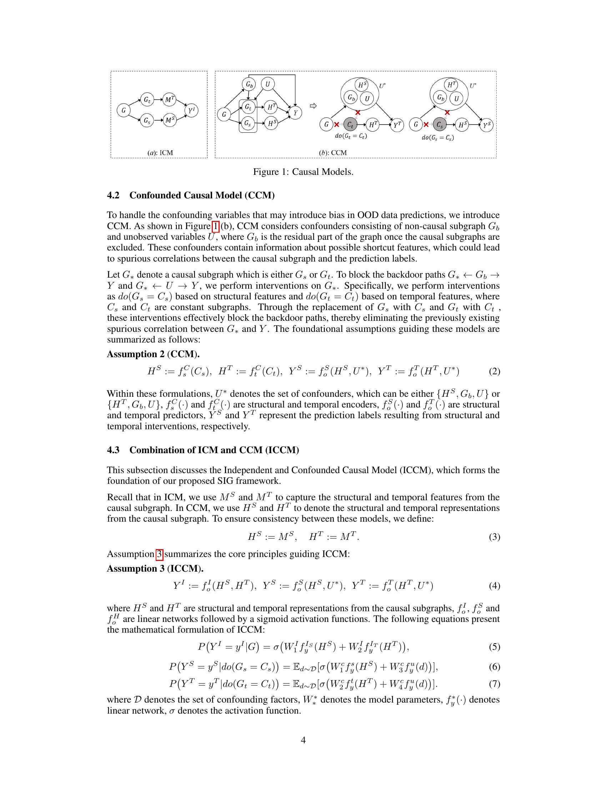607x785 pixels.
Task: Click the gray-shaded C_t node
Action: (x=350, y=125)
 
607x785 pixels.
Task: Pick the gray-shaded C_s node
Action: (x=440, y=125)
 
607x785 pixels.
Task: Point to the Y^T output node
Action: (x=397, y=125)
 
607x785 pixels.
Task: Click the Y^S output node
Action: (x=487, y=125)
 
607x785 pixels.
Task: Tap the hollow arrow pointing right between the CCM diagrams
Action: (x=312, y=106)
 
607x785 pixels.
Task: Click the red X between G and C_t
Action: (x=337, y=125)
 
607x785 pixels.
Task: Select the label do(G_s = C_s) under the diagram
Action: (x=438, y=138)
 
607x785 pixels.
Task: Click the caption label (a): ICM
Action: (x=160, y=153)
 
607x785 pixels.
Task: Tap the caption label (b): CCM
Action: (x=333, y=153)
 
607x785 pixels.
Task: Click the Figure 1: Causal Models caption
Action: (x=303, y=172)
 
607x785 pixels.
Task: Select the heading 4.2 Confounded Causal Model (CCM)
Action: (x=191, y=195)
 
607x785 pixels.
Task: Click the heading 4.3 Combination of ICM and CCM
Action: (x=203, y=450)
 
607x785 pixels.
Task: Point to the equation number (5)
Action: (x=494, y=647)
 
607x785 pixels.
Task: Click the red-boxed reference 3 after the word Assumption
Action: (x=160, y=554)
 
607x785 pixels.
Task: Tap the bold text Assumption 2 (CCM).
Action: (x=153, y=354)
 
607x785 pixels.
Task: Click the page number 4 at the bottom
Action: (x=303, y=740)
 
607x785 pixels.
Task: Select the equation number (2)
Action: (x=494, y=371)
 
